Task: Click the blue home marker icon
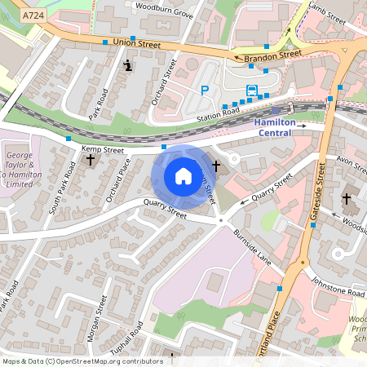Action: [183, 176]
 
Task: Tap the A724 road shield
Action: [33, 15]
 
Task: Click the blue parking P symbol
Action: [206, 90]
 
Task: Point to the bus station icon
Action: [252, 90]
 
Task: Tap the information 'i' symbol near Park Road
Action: [127, 65]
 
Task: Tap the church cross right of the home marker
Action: [216, 166]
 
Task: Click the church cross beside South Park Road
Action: [90, 160]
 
